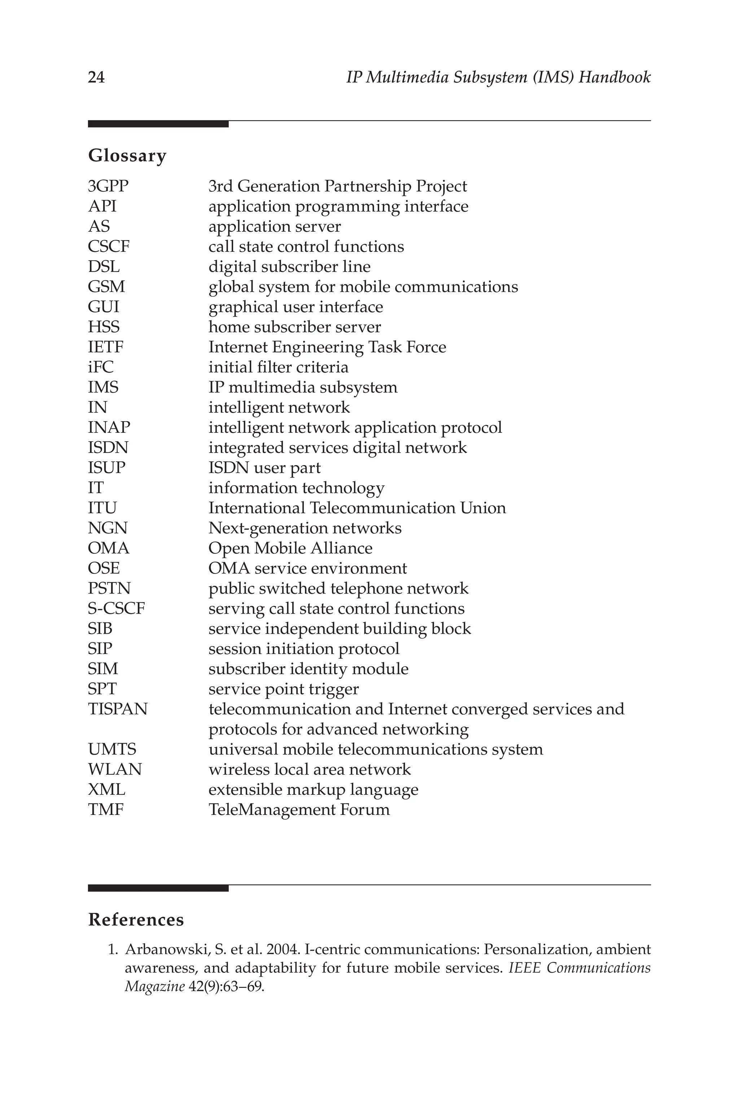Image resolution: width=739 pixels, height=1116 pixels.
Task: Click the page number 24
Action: (96, 77)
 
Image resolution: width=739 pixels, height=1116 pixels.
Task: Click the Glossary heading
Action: (127, 156)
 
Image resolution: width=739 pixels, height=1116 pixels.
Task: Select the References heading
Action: (136, 920)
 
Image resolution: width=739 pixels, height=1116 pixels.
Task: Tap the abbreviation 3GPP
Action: (108, 186)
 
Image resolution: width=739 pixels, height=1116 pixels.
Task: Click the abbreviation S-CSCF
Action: (116, 609)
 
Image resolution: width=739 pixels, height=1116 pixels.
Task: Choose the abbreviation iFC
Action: (100, 367)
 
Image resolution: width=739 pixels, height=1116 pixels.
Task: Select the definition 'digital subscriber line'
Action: (289, 267)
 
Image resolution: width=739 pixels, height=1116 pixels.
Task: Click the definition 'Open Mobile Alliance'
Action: (290, 548)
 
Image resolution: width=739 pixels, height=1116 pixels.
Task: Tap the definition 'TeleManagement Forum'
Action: (299, 810)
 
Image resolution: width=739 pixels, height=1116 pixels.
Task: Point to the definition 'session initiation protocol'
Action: (304, 649)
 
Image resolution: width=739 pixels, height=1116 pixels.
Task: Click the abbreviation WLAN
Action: (114, 770)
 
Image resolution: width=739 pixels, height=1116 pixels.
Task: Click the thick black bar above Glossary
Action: (158, 124)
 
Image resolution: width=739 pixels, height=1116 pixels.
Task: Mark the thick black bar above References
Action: (158, 888)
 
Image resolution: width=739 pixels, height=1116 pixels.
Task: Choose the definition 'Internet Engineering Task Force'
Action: (327, 347)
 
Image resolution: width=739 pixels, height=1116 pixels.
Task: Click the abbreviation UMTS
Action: (112, 749)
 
